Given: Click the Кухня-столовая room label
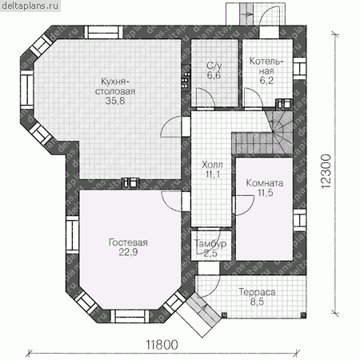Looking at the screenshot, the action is (x=115, y=86).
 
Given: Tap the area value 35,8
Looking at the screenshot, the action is (x=115, y=101).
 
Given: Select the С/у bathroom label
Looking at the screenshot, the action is (x=214, y=66).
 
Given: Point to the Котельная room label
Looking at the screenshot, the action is (x=266, y=66).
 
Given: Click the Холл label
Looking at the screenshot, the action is (x=212, y=165).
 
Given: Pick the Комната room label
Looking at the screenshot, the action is (x=265, y=183).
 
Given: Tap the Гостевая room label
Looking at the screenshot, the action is (x=128, y=242).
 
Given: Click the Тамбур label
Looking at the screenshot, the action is (x=210, y=243).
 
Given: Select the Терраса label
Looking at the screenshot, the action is (x=257, y=292).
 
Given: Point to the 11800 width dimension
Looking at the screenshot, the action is (x=162, y=345).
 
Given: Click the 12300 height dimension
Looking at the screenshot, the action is (x=326, y=171).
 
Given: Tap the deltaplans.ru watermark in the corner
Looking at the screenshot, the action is (x=30, y=6).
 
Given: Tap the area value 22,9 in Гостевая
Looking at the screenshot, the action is (x=128, y=252).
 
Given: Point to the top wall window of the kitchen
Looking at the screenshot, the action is (x=104, y=33).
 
